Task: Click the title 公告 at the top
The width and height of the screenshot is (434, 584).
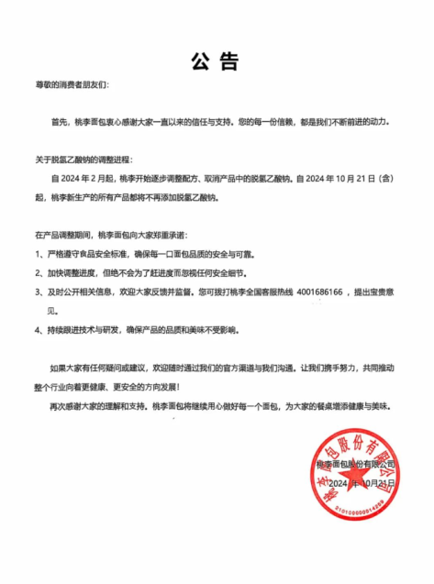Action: (x=216, y=61)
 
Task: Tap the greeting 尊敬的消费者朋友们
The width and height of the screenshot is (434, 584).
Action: (x=72, y=84)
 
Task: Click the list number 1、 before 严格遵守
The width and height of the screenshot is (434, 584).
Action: (x=39, y=254)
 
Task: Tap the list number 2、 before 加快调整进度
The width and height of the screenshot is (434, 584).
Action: (x=39, y=273)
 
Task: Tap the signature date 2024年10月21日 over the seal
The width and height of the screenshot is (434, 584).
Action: (x=361, y=483)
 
